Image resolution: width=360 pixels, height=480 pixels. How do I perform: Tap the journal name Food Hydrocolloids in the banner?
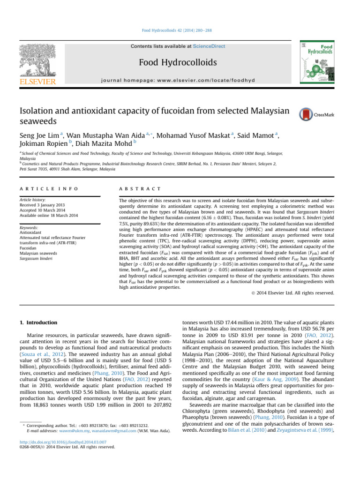(180, 63)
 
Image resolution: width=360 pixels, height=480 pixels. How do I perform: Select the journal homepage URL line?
(180, 80)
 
